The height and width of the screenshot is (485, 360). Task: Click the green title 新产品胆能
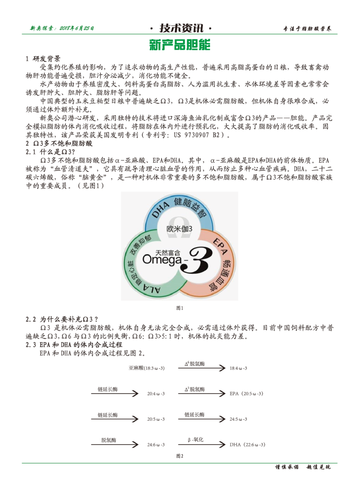point(180,45)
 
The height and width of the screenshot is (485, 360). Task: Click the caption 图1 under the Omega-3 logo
point(180,308)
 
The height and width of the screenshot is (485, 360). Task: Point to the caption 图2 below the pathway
point(180,455)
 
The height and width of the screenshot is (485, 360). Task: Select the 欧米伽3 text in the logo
point(179,229)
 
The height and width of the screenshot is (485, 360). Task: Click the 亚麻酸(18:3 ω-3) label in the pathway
point(147,368)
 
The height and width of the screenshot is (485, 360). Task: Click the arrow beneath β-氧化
point(201,444)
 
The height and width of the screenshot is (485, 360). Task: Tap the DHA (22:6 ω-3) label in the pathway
point(247,444)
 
